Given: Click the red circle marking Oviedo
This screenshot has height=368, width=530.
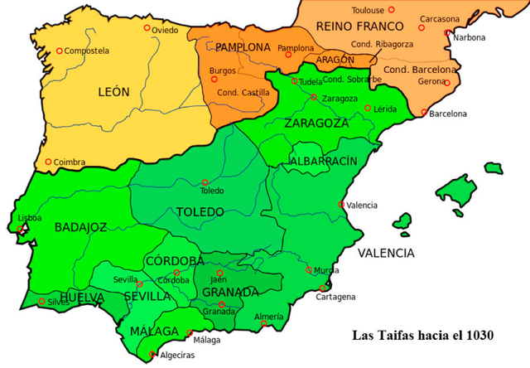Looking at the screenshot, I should point(147,28).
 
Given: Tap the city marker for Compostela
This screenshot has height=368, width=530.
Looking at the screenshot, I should point(60,51).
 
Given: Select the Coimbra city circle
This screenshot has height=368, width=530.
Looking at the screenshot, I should point(49,162).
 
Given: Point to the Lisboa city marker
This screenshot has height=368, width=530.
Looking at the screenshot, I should point(20,228).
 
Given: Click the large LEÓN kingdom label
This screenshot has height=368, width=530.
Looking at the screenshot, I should point(114,92).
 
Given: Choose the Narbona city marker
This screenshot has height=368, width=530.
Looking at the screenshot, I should point(447,33).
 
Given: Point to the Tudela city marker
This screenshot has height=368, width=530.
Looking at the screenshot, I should point(294,81).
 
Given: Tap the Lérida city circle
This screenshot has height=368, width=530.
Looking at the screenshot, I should point(368,108).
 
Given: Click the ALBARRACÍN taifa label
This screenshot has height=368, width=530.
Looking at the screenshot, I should point(323,160).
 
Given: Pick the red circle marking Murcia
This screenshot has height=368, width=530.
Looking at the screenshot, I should point(310,270).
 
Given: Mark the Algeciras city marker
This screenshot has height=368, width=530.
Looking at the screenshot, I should point(152,355).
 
